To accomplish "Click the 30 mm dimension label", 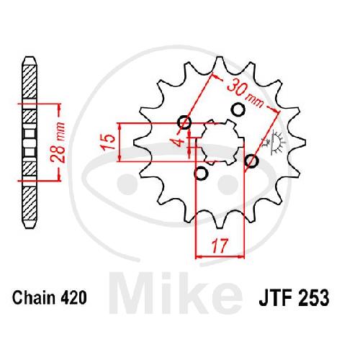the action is point(245,93).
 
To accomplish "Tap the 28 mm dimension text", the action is point(58,142).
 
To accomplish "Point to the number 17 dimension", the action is point(220,246).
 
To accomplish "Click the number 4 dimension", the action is point(179,142).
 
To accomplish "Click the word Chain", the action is point(34,297).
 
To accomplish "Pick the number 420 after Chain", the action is point(73,297).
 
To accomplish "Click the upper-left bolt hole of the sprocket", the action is point(184,122).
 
